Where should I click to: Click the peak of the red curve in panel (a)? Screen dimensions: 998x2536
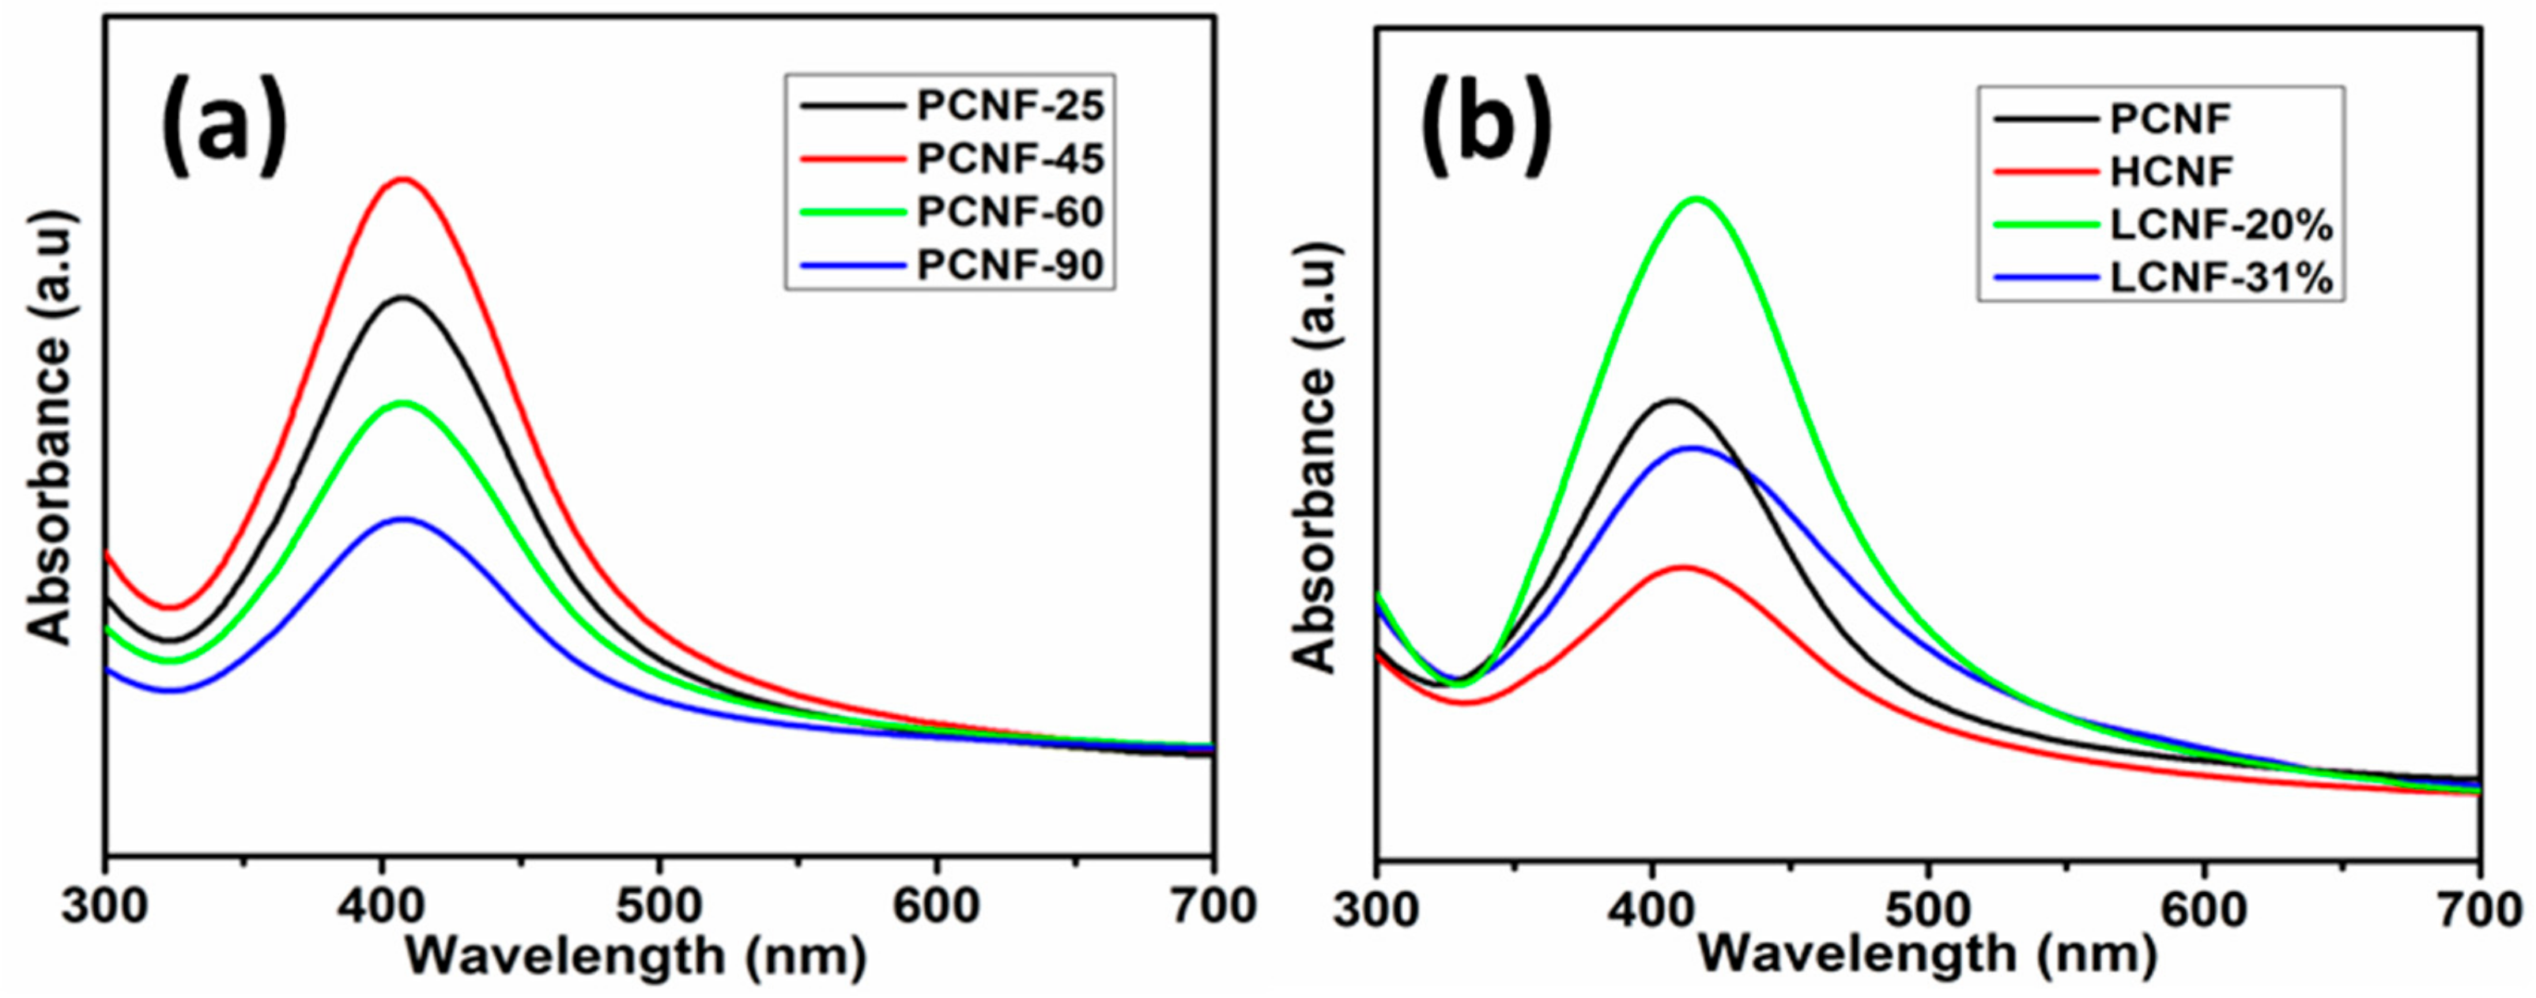click(x=402, y=179)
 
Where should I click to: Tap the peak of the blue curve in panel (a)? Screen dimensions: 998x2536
click(x=402, y=518)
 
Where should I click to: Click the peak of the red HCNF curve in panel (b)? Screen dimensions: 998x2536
click(x=1684, y=568)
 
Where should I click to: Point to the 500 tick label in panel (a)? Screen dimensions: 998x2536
click(x=659, y=906)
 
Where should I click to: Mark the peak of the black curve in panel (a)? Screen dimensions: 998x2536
click(x=402, y=297)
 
